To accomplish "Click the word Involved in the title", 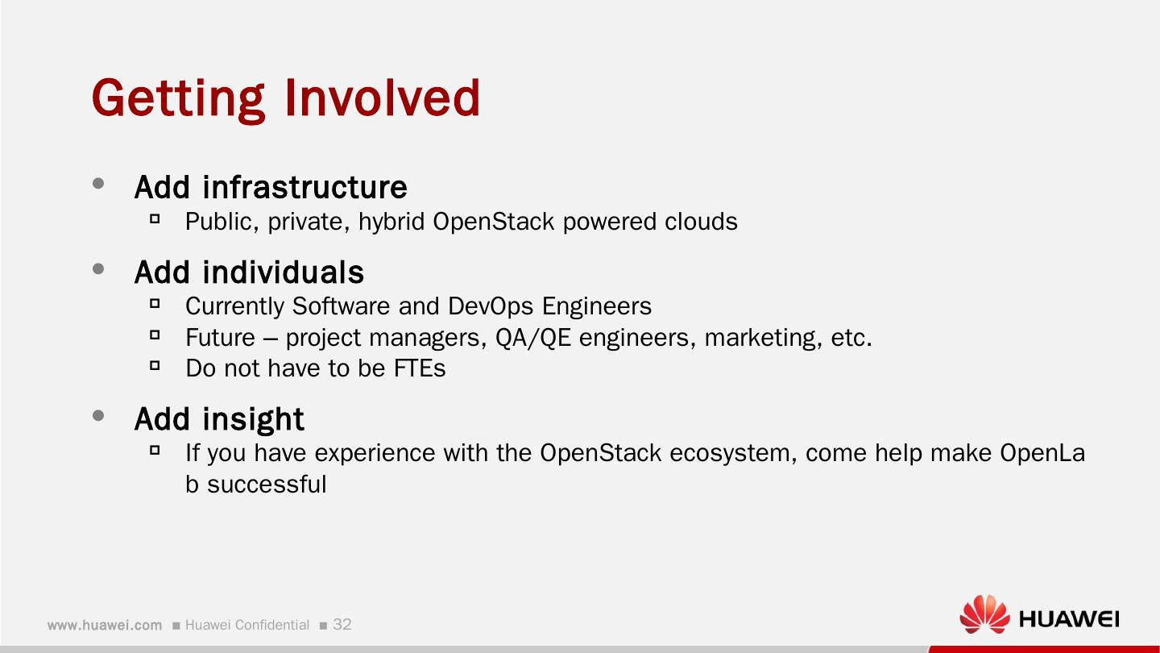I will click(x=382, y=98).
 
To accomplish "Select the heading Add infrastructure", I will click(x=271, y=187).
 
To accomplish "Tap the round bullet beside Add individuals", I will click(x=99, y=269).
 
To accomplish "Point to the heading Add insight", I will click(x=219, y=419).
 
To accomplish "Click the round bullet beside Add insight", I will click(x=99, y=416).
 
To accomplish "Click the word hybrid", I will click(x=391, y=221).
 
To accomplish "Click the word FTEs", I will click(x=419, y=368).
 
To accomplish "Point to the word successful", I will click(x=267, y=485).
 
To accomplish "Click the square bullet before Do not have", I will click(x=155, y=365).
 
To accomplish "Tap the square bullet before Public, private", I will click(x=155, y=218).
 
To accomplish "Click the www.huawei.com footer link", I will click(x=105, y=625).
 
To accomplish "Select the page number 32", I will click(x=342, y=625).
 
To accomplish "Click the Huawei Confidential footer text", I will click(x=246, y=625).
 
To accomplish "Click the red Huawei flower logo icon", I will click(x=984, y=615).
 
